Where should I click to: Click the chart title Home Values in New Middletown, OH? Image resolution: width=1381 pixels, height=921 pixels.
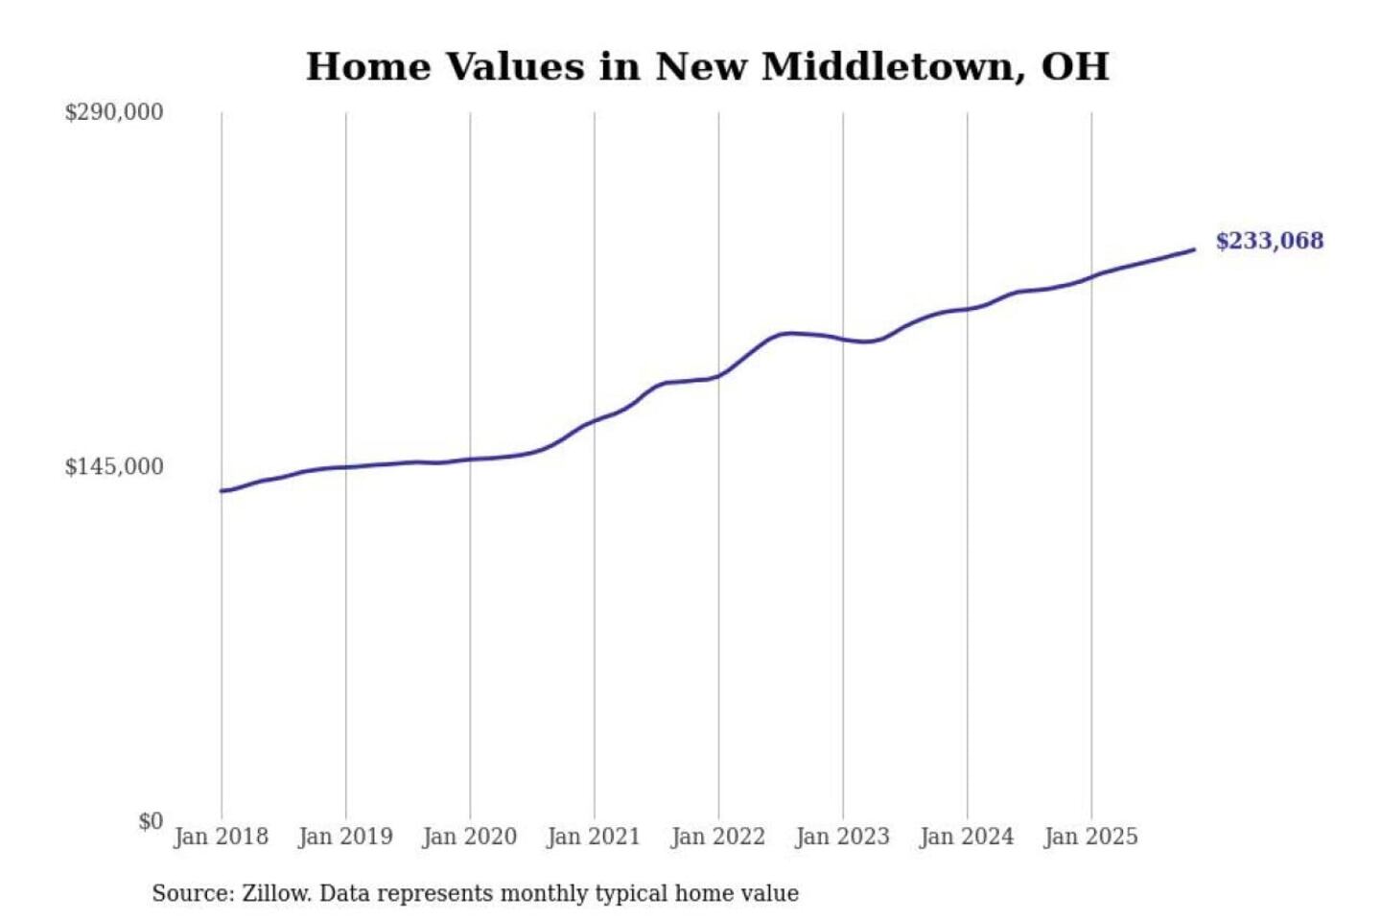pyautogui.click(x=707, y=67)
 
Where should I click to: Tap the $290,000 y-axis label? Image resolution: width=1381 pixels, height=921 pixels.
pyautogui.click(x=113, y=112)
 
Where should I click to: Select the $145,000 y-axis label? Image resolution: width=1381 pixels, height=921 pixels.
pyautogui.click(x=113, y=467)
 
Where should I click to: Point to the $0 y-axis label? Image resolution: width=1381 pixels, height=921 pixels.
pyautogui.click(x=150, y=821)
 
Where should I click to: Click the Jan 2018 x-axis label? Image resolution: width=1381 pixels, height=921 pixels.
pyautogui.click(x=221, y=837)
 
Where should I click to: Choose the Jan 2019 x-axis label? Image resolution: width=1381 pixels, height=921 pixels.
pyautogui.click(x=345, y=837)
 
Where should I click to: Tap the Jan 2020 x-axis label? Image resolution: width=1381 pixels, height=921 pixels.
pyautogui.click(x=469, y=837)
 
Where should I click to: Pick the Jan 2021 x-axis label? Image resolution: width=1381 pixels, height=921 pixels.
pyautogui.click(x=593, y=837)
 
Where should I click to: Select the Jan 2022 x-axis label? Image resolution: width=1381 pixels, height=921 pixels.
pyautogui.click(x=717, y=837)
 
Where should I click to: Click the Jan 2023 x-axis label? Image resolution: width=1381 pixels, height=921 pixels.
pyautogui.click(x=842, y=837)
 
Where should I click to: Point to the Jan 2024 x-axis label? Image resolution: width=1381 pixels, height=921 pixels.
pyautogui.click(x=966, y=837)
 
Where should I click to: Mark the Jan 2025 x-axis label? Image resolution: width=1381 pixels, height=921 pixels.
pyautogui.click(x=1090, y=837)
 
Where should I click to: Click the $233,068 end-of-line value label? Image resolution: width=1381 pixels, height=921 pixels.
pyautogui.click(x=1269, y=241)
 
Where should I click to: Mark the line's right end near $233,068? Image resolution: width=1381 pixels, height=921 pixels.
pyautogui.click(x=1193, y=250)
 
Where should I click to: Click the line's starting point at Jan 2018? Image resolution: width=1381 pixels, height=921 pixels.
pyautogui.click(x=222, y=491)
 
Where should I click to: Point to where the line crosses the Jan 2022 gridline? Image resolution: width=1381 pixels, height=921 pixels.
pyautogui.click(x=718, y=375)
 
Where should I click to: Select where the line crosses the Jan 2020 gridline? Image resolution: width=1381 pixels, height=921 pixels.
pyautogui.click(x=470, y=460)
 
